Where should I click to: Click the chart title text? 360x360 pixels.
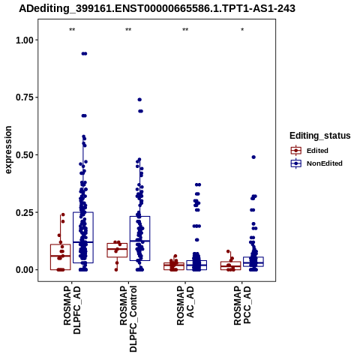(x=157, y=8)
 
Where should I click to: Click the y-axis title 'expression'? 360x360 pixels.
(x=8, y=150)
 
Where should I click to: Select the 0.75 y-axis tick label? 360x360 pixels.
(x=25, y=97)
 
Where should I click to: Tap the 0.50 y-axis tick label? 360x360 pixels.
(x=25, y=154)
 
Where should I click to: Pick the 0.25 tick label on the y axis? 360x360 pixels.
(x=25, y=212)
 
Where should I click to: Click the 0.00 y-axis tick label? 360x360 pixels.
(x=25, y=270)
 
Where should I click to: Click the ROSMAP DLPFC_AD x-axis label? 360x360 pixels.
(x=72, y=310)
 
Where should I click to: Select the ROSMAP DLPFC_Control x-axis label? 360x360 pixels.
(x=129, y=319)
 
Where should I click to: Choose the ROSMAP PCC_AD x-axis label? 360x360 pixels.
(x=242, y=305)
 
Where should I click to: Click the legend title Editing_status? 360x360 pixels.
(x=320, y=136)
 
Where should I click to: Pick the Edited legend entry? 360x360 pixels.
(x=310, y=151)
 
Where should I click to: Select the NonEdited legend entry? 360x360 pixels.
(x=316, y=163)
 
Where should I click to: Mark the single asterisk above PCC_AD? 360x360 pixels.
(x=242, y=30)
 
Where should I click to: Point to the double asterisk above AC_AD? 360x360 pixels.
(x=185, y=30)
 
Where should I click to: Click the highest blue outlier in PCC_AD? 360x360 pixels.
(x=253, y=157)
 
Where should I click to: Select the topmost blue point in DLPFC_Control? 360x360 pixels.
(x=139, y=100)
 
